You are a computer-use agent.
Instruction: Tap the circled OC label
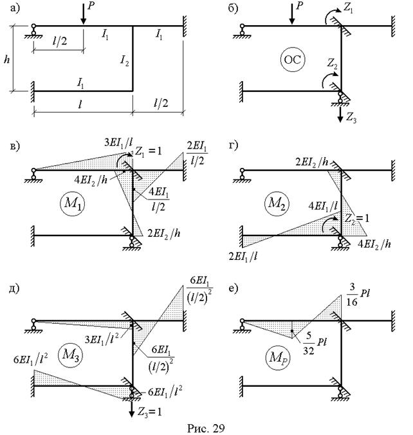tap(292, 60)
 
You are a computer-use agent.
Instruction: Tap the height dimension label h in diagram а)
tap(6, 59)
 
